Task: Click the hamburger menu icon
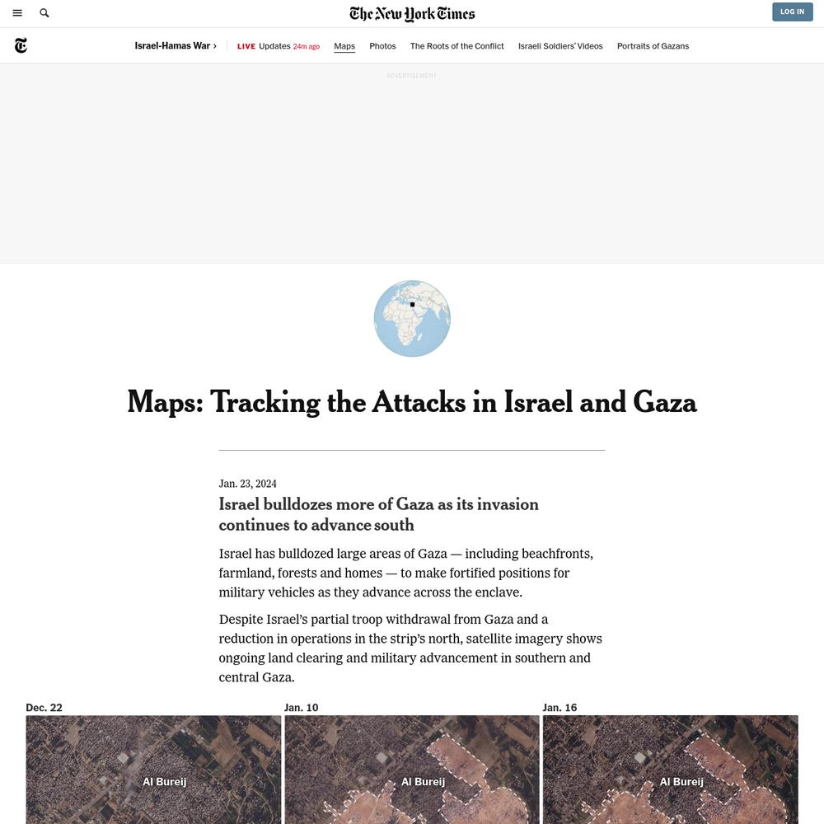coord(17,13)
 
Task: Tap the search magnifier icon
coord(44,13)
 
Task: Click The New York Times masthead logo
coord(412,13)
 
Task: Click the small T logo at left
coord(21,46)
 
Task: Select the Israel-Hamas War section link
coord(176,46)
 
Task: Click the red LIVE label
coord(246,46)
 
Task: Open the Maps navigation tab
coord(344,46)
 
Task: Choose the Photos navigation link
coord(382,46)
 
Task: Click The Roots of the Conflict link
coord(456,46)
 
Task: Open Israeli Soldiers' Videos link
coord(560,46)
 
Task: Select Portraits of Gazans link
coord(653,46)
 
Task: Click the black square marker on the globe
coord(412,305)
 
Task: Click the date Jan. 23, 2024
coord(247,484)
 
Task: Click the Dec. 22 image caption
coord(44,708)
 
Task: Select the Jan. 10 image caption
coord(301,708)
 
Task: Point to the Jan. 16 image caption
coord(559,708)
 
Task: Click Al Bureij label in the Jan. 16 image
coord(681,782)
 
